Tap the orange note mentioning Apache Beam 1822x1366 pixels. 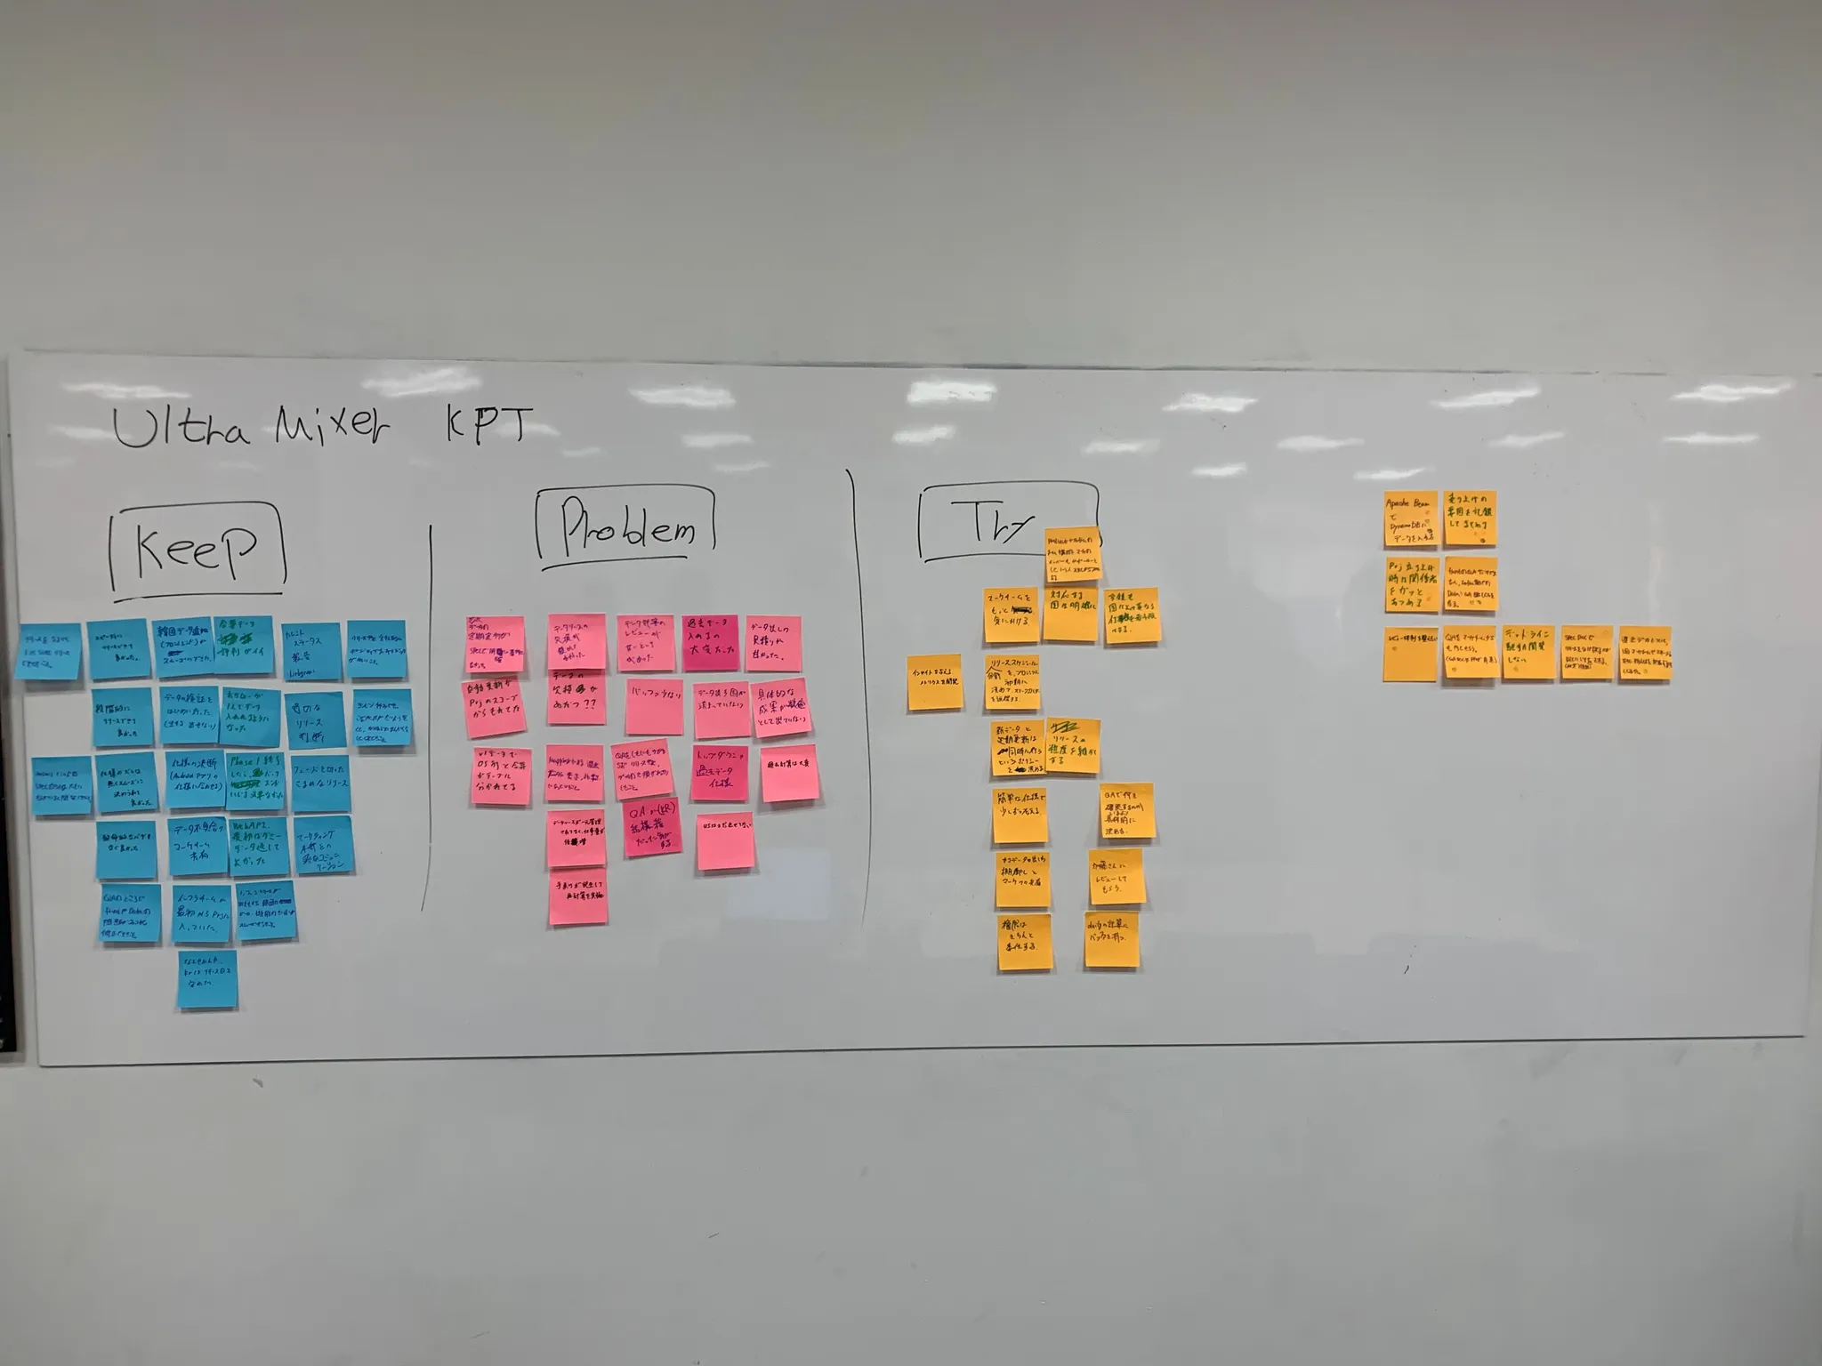(1411, 518)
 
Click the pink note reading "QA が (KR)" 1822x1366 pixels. (652, 829)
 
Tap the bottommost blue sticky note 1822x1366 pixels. (206, 979)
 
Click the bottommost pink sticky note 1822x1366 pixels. (577, 896)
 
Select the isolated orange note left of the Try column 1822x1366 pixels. (934, 683)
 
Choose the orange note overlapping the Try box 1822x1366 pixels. (1073, 553)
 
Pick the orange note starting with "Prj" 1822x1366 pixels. (1411, 584)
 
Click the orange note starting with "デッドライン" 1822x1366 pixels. (1528, 652)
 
